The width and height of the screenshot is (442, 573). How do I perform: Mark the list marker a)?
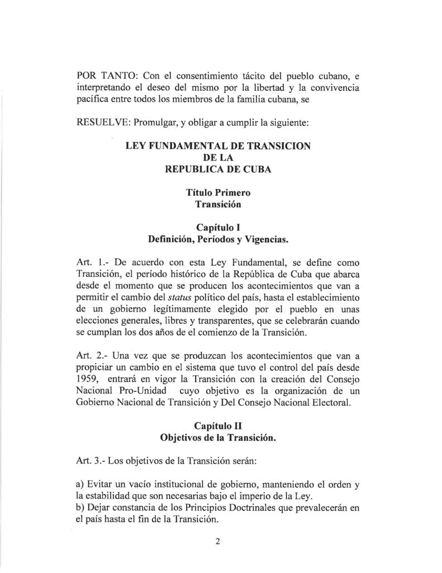pos(79,485)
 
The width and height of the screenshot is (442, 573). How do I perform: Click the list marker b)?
pos(79,508)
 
